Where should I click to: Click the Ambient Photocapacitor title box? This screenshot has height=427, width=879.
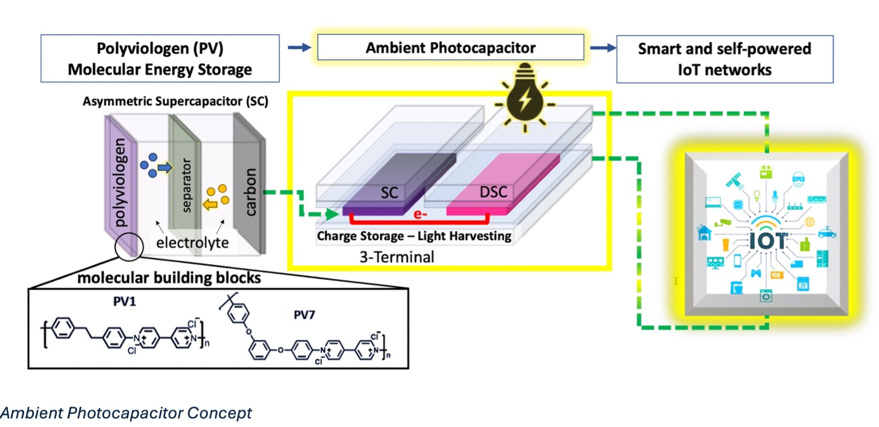point(450,47)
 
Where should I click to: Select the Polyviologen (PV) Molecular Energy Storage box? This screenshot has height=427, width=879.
point(160,58)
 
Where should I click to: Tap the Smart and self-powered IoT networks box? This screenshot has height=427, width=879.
point(724,59)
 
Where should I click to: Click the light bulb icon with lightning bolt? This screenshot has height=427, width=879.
point(525,99)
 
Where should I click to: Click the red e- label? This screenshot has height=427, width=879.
point(420,214)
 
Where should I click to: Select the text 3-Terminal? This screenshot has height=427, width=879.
point(396,257)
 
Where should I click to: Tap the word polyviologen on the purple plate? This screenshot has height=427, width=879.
point(120,182)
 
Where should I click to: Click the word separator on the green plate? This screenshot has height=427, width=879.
point(186,185)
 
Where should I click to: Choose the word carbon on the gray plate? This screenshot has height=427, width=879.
point(250,192)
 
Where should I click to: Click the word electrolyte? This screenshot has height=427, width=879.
point(193,242)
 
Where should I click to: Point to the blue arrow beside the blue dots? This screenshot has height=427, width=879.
point(165,167)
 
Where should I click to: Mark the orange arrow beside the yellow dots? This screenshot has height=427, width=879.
point(210,204)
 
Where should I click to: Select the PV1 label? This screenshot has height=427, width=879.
point(124,301)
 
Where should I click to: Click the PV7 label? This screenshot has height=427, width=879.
point(304,315)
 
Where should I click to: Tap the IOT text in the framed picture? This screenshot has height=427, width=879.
point(768,241)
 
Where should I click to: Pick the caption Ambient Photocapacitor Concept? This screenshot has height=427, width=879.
point(126,413)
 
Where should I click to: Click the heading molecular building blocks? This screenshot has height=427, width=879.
point(169,278)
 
